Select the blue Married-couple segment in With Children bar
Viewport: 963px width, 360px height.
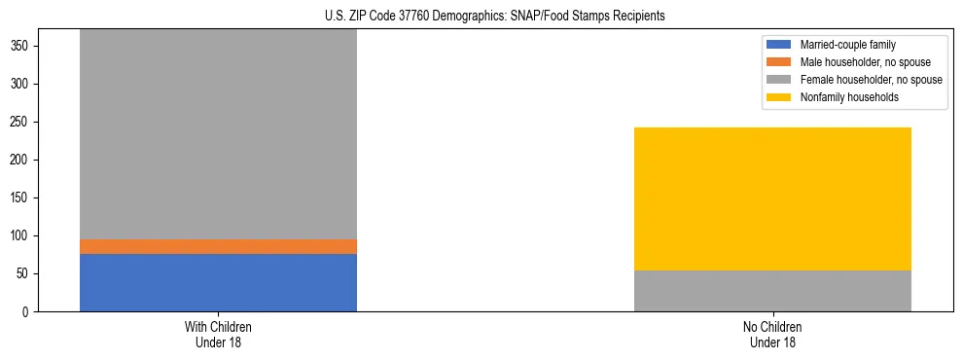coord(218,282)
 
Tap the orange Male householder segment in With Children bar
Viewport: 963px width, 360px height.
coord(218,246)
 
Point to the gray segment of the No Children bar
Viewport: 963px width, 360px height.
coord(772,291)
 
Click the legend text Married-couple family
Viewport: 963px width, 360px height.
coord(847,45)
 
